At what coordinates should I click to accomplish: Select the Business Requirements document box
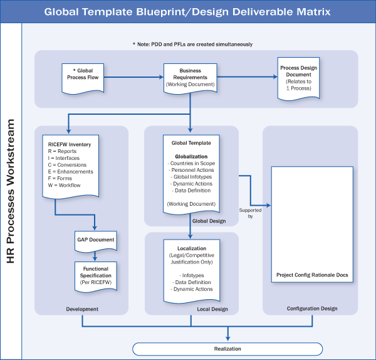coord(191,78)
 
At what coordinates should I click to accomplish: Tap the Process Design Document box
coord(297,78)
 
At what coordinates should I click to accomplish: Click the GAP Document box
coord(95,241)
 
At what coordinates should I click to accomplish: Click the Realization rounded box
coord(227,349)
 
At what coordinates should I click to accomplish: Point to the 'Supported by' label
coord(246,213)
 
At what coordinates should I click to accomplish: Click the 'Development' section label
coord(82,309)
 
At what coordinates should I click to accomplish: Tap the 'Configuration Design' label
coord(311,309)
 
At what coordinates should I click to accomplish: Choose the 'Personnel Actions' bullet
coord(191,170)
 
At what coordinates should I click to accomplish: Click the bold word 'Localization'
coord(191,248)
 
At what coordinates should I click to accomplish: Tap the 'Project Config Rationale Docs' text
coord(311,275)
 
